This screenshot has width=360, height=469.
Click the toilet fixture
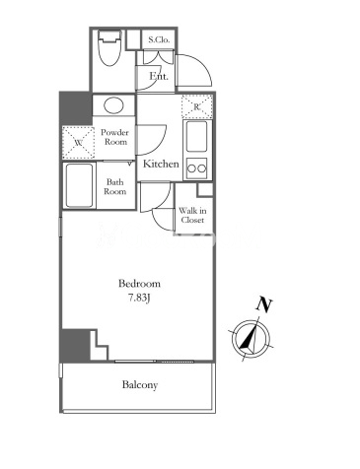(x=110, y=48)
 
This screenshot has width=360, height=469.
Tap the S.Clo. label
(x=159, y=39)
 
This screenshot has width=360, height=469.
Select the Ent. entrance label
(x=159, y=76)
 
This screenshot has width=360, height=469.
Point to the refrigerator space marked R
(x=196, y=106)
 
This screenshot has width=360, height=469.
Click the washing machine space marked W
(x=79, y=143)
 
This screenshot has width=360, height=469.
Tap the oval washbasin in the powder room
(x=113, y=105)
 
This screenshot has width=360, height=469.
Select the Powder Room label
(x=114, y=137)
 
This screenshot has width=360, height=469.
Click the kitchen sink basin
(x=196, y=137)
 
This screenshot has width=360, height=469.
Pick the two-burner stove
(x=196, y=168)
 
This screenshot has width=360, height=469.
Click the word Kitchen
(x=161, y=164)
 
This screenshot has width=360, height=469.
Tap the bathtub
(x=79, y=185)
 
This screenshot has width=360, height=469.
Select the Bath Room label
(x=115, y=186)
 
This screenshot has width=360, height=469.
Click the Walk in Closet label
(x=192, y=215)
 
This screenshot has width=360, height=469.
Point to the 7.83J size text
(x=139, y=298)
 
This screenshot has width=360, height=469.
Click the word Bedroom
(x=139, y=284)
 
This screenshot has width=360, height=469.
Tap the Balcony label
(x=140, y=384)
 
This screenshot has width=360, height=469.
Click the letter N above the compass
(x=264, y=304)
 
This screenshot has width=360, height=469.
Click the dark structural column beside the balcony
(x=75, y=345)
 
